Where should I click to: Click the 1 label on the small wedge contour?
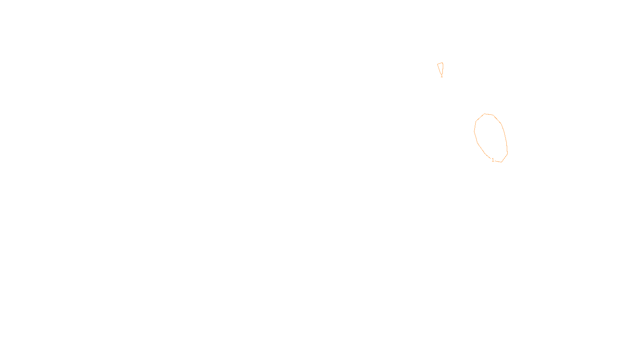[x=442, y=75]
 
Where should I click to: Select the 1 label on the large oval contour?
[x=493, y=160]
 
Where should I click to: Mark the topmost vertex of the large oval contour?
[x=485, y=114]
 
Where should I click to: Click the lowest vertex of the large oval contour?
[x=502, y=162]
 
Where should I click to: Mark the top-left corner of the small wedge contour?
[x=438, y=64]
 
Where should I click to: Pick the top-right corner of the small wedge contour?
[x=442, y=63]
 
